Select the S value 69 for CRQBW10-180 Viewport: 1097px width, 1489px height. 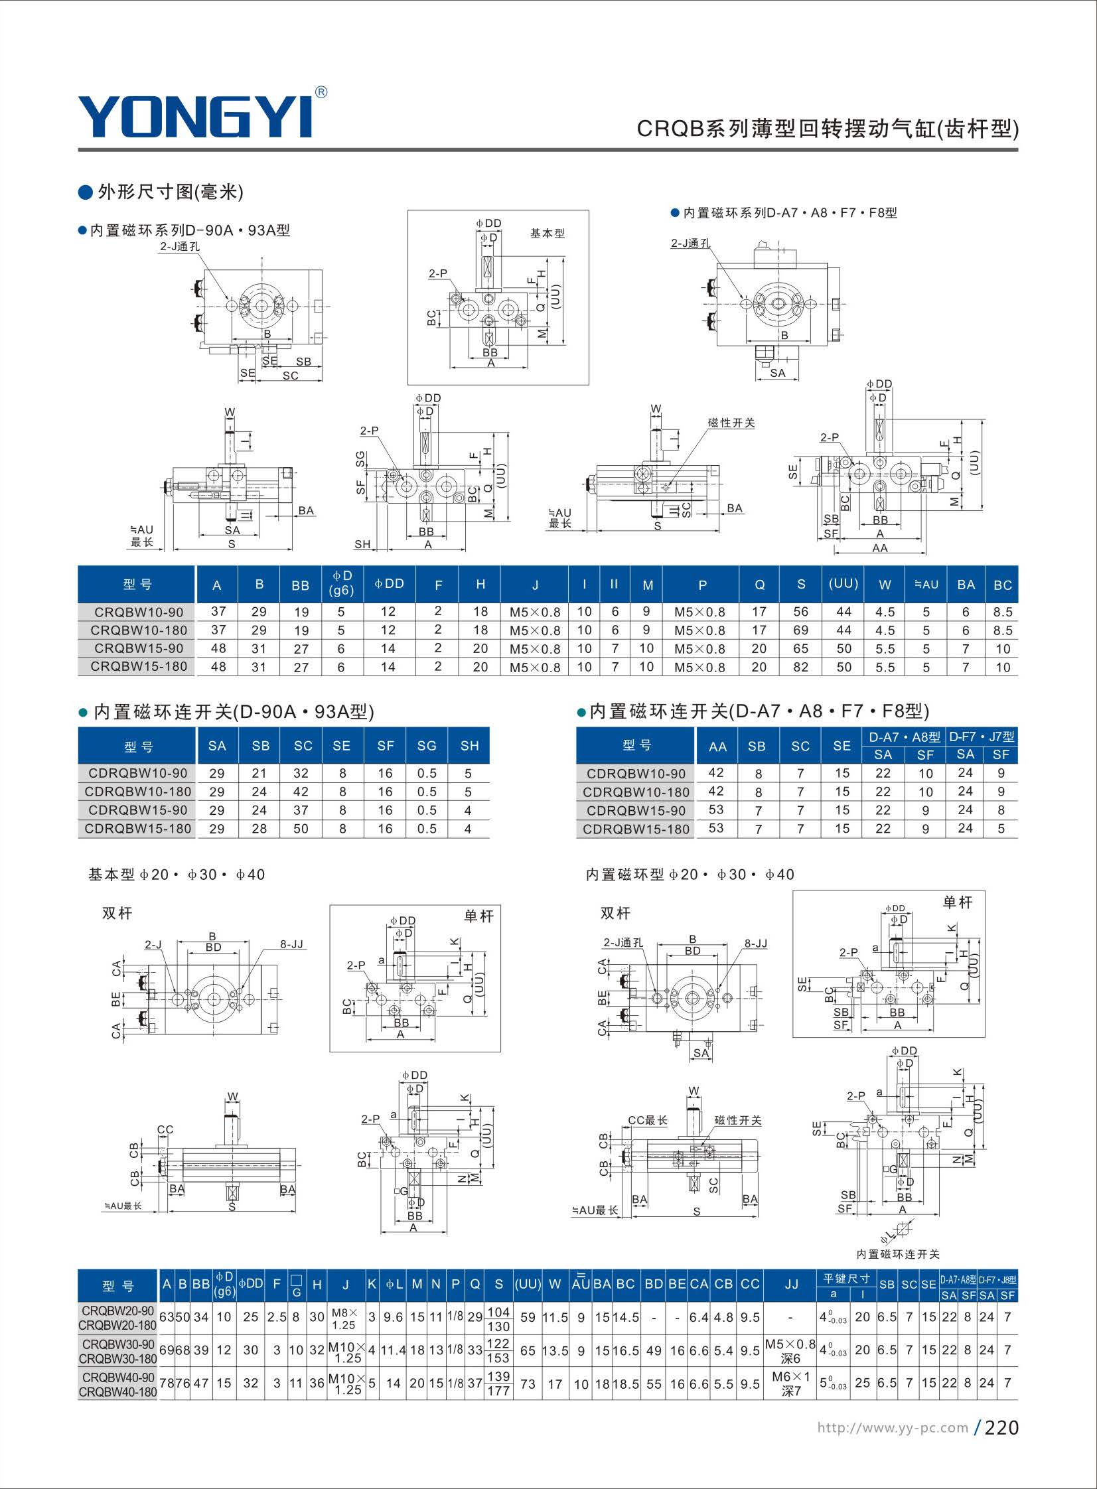click(801, 630)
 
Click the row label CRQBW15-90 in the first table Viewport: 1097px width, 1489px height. click(139, 648)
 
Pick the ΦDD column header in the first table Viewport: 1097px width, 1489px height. click(389, 584)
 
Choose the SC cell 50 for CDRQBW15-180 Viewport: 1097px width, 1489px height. click(301, 829)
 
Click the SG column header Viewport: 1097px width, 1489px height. click(426, 746)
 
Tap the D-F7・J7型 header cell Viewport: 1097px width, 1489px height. click(982, 737)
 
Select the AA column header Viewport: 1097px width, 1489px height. click(717, 746)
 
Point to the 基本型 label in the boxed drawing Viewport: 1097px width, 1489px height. click(547, 234)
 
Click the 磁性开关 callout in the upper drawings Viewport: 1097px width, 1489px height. click(731, 423)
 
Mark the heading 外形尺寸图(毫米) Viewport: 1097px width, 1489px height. click(171, 192)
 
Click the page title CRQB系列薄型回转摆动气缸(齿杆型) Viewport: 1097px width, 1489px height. click(828, 128)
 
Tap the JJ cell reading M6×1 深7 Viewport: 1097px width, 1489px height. click(791, 1383)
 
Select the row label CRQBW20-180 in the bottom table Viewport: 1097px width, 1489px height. click(117, 1326)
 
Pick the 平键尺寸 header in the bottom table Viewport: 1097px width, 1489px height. click(847, 1278)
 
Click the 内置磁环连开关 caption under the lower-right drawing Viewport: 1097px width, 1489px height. click(898, 1254)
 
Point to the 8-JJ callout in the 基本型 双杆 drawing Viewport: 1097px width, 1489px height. click(291, 944)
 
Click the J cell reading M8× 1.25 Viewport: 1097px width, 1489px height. click(344, 1318)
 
